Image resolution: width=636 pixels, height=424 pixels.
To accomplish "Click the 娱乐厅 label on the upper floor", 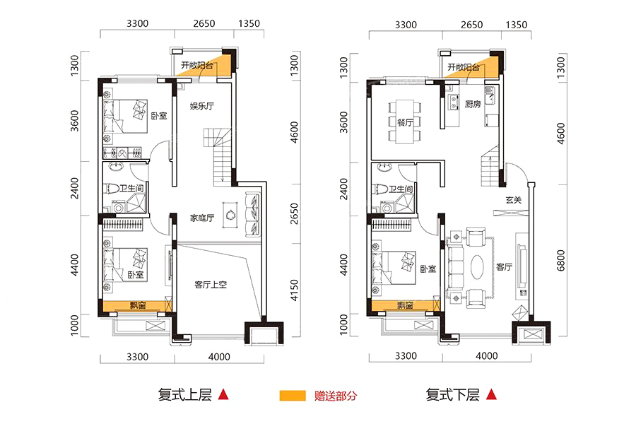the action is [201, 106].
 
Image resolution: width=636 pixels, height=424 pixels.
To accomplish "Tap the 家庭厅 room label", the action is [201, 218].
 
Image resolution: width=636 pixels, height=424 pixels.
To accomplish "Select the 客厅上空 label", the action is [211, 284].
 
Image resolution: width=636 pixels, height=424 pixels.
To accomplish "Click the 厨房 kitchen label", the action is [473, 105].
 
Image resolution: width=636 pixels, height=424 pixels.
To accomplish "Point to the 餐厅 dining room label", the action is [405, 122].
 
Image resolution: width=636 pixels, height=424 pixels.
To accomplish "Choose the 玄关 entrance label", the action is [513, 199].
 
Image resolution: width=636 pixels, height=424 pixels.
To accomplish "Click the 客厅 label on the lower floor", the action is [504, 266].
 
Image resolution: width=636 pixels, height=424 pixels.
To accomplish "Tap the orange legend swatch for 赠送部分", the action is [293, 396].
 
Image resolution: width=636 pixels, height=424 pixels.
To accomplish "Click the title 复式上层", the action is [185, 394].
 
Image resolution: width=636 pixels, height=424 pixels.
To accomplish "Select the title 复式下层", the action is [453, 394].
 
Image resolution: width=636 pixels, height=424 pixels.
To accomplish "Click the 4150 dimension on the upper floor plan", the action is [295, 290].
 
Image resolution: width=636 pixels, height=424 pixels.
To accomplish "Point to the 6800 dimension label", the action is [560, 261].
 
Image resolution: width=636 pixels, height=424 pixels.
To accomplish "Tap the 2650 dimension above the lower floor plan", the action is [472, 25].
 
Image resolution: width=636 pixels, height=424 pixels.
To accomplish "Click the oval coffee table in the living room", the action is [478, 266].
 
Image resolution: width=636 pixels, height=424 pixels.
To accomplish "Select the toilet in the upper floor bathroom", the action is [112, 189].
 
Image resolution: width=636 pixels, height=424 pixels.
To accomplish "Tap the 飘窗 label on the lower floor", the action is [405, 305].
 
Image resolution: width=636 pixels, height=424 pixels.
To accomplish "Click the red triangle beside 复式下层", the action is [492, 394].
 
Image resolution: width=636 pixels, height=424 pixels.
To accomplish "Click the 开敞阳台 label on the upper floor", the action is [196, 65].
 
